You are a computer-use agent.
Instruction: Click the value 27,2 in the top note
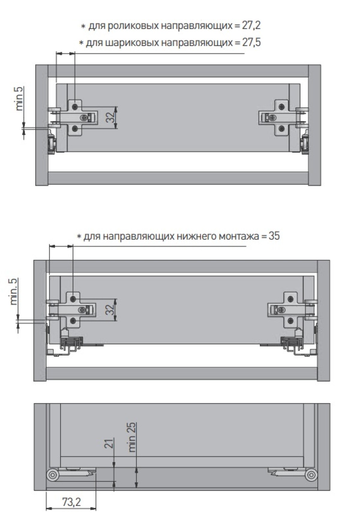coord(251,26)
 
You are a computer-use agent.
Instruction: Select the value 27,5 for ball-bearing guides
coord(251,43)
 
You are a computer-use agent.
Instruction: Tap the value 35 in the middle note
coord(274,236)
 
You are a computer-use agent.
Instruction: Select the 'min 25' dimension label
coord(132,437)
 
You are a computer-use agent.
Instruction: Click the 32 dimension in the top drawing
coord(111,118)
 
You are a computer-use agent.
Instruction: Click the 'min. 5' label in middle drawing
coord(14,292)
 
